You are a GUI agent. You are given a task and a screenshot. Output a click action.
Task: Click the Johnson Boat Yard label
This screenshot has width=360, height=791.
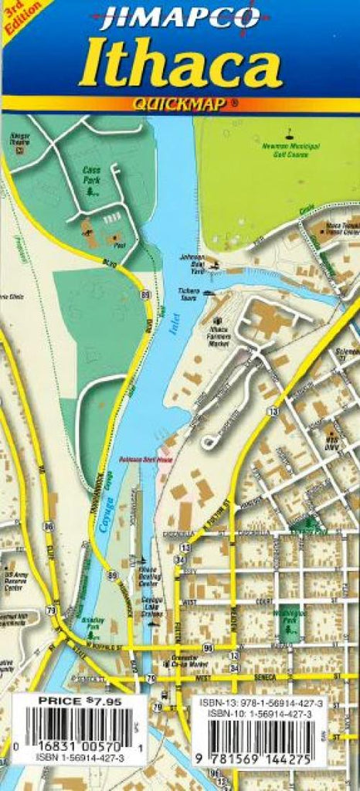click(x=192, y=262)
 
